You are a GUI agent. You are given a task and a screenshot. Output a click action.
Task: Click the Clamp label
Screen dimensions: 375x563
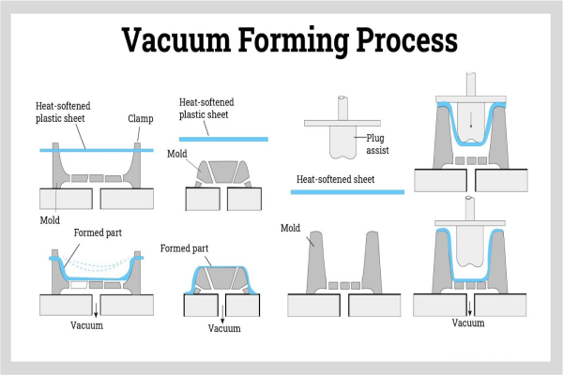point(140,119)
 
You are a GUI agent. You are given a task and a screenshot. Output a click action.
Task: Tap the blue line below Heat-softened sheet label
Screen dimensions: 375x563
point(347,192)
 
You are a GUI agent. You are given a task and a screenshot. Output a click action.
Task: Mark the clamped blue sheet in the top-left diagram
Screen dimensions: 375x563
point(94,150)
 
